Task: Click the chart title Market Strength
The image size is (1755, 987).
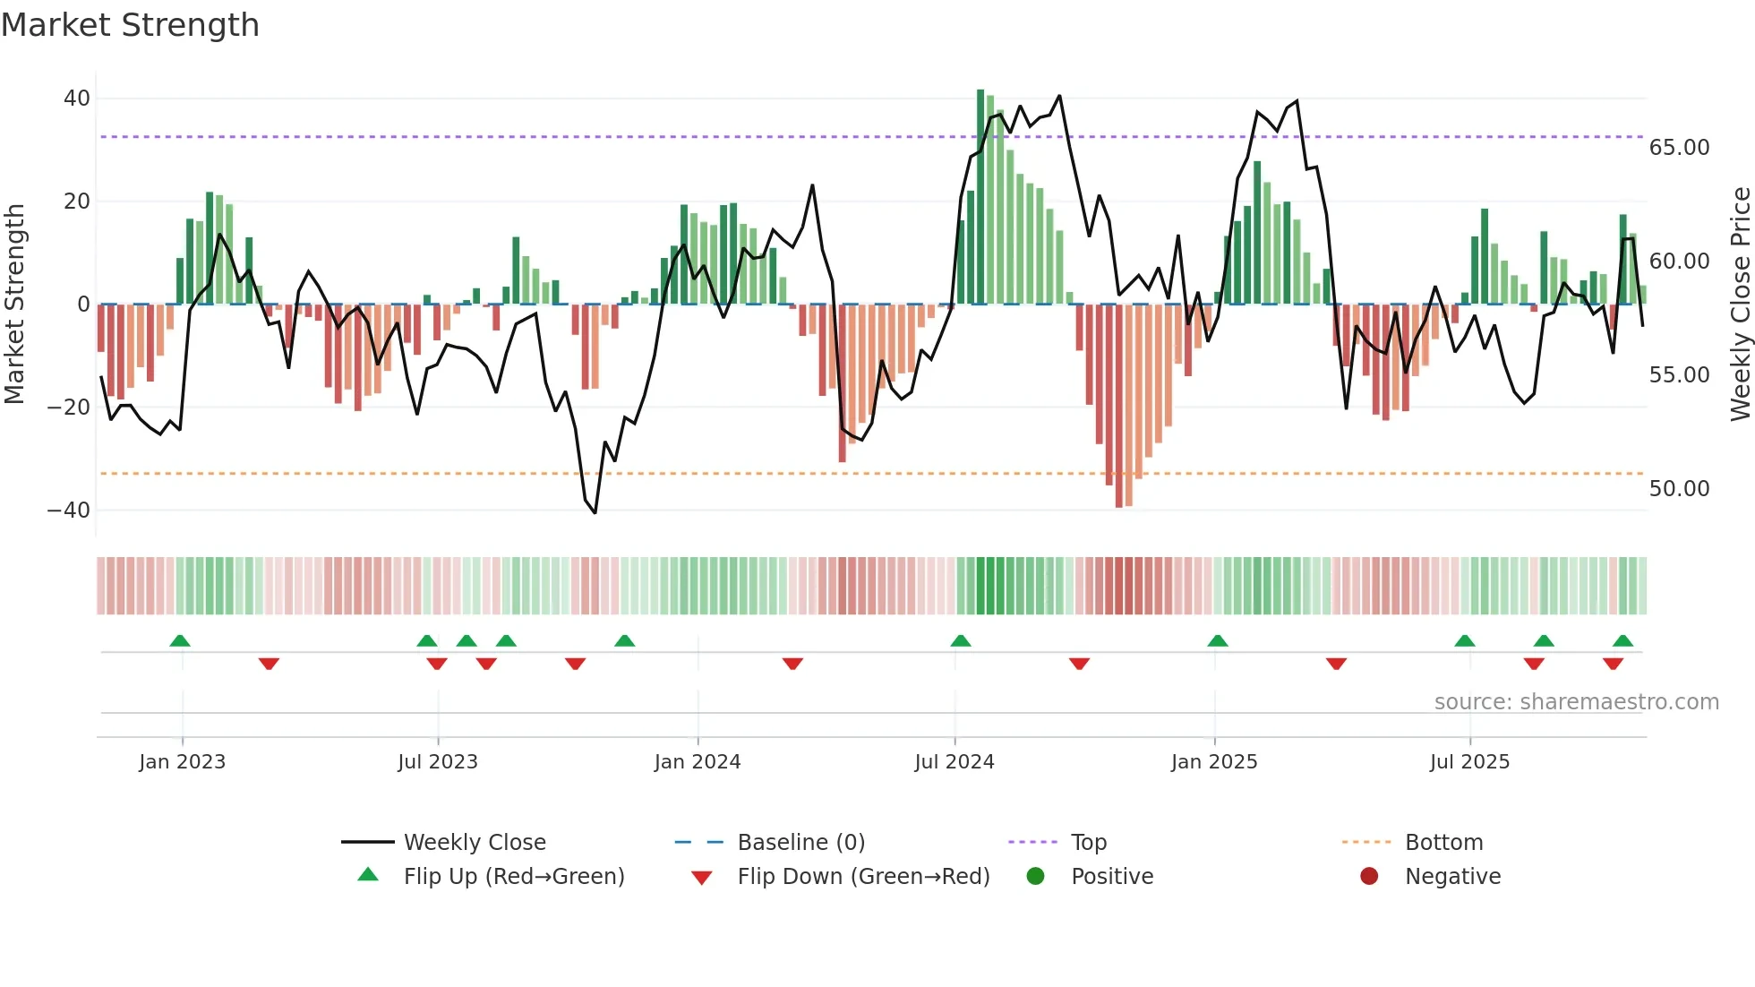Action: point(130,25)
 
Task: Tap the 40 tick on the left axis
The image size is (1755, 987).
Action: point(77,99)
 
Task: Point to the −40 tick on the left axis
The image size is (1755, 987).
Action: point(70,511)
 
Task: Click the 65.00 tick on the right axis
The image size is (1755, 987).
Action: point(1679,148)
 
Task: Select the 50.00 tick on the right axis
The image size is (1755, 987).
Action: point(1679,489)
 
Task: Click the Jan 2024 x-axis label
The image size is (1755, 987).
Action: point(698,762)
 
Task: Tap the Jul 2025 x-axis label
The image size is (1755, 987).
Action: point(1469,762)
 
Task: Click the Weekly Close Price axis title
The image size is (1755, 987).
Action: point(1740,305)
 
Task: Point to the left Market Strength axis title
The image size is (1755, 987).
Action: point(15,305)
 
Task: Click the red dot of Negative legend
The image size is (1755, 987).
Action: point(1369,877)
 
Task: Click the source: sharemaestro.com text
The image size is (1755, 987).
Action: point(1576,702)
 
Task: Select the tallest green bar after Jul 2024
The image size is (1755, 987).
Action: point(980,197)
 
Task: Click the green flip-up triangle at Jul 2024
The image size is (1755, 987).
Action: point(961,641)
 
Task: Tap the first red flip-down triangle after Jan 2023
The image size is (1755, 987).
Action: point(269,664)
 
